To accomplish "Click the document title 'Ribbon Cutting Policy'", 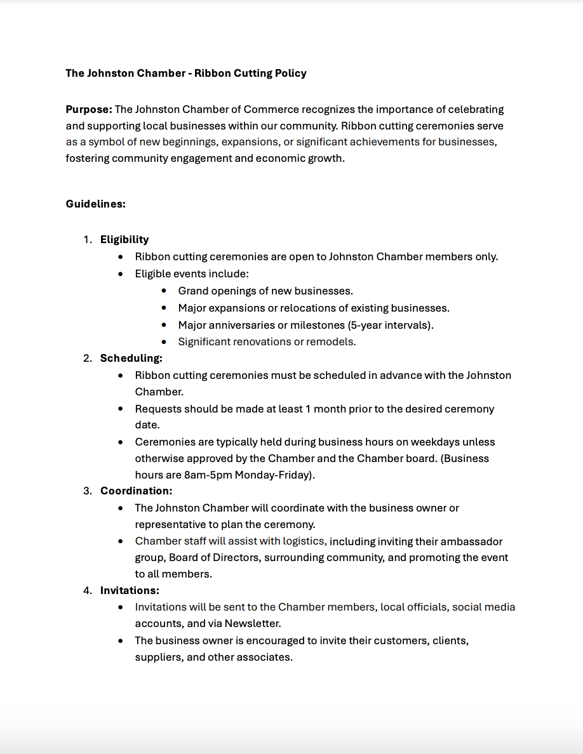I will click(250, 73).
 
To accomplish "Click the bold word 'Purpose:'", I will click(89, 109).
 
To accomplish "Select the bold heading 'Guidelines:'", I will click(95, 204).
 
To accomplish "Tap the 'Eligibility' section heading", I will click(124, 239).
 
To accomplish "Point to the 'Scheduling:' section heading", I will click(131, 358).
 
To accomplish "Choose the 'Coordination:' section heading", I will click(136, 491).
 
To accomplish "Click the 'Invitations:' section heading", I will click(130, 590).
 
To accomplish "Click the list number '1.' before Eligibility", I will click(88, 239).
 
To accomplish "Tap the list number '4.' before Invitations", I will click(88, 590).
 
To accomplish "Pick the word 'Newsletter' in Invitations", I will click(252, 623).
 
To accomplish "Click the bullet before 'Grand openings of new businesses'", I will click(164, 291).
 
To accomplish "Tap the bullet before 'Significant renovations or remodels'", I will click(164, 341).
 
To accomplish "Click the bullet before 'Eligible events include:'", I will click(121, 274).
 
